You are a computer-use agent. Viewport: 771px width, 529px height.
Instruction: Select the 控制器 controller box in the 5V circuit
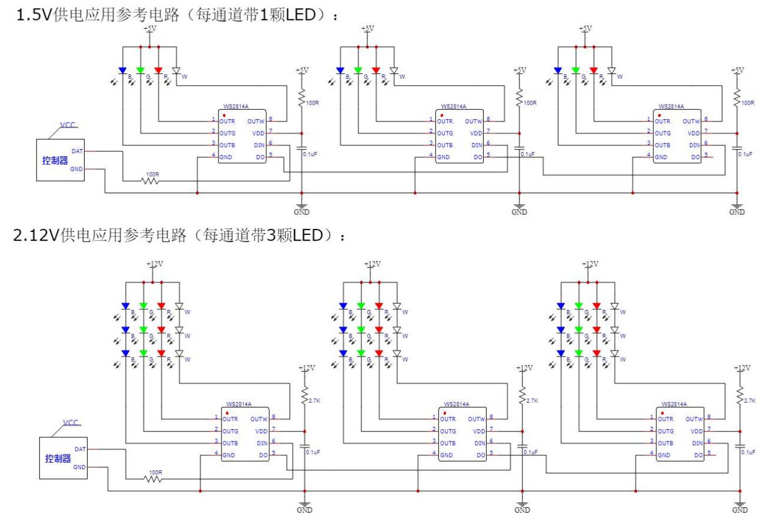(x=59, y=160)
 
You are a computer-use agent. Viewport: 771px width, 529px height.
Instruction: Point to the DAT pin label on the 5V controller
(x=77, y=151)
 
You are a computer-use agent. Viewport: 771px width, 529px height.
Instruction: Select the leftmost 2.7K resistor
(x=305, y=397)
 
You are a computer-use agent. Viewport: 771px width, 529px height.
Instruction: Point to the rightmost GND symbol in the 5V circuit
(x=737, y=208)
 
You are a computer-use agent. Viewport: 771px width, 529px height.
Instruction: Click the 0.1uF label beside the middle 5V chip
(x=527, y=154)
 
